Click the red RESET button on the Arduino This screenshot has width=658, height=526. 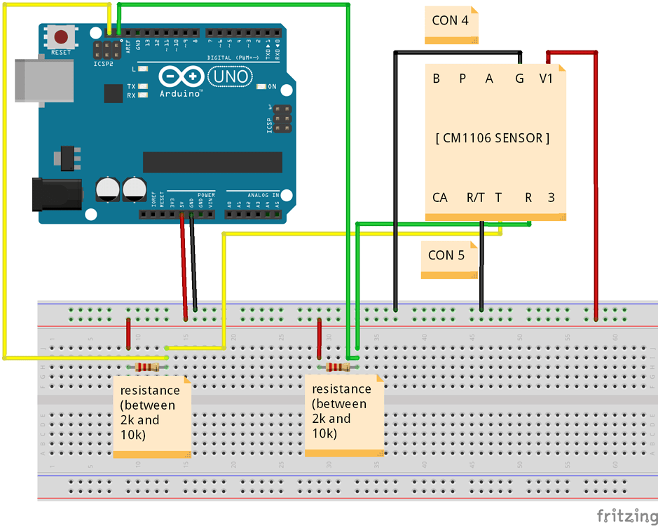[x=61, y=36]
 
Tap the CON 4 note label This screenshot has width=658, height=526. [x=451, y=21]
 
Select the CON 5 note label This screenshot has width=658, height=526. [x=446, y=255]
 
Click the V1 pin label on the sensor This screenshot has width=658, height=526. [x=546, y=79]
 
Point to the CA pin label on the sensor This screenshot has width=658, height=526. [x=439, y=198]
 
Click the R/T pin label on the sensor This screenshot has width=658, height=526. [x=475, y=198]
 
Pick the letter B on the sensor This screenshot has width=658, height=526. [x=436, y=79]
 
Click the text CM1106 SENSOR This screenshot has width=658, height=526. [x=492, y=138]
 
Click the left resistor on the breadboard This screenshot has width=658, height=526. [x=146, y=367]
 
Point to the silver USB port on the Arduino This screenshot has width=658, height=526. [x=43, y=81]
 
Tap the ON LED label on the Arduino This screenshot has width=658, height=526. [x=272, y=87]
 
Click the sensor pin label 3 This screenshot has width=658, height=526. [x=551, y=198]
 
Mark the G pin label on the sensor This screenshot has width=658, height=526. [x=519, y=79]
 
